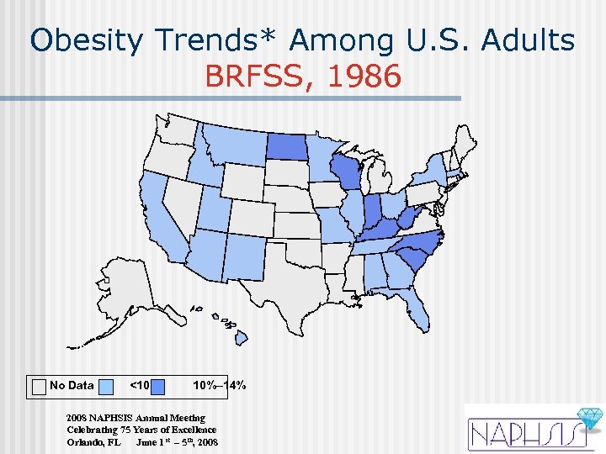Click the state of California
(165, 227)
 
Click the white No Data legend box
(39, 386)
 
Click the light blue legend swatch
(106, 386)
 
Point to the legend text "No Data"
(72, 386)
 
